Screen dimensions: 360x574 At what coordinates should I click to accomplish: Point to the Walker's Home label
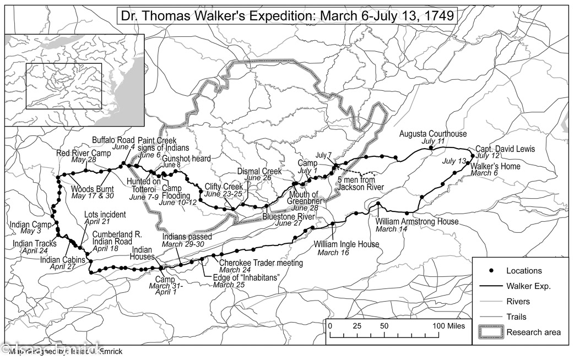[495, 166]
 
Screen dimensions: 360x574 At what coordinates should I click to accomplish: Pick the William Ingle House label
[346, 244]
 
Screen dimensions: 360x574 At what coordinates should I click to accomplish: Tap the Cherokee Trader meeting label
[261, 263]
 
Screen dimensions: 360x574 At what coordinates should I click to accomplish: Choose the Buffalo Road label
[113, 140]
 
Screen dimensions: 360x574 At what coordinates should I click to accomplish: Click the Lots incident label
[105, 214]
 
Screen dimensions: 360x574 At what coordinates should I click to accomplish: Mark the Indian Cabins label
[62, 260]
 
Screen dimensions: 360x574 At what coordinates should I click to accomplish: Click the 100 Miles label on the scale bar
[445, 326]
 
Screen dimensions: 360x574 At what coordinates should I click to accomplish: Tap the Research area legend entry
[533, 332]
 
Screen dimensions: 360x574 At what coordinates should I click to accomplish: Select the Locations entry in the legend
[524, 270]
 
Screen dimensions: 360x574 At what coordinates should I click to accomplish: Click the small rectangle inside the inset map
[64, 86]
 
